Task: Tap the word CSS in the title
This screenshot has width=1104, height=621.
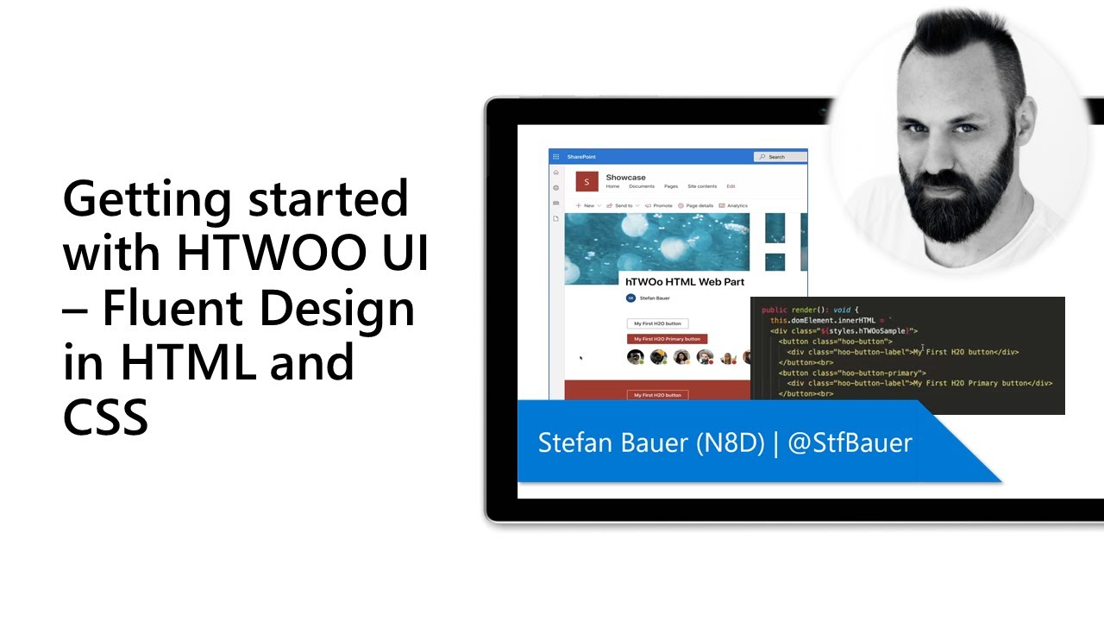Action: pyautogui.click(x=105, y=416)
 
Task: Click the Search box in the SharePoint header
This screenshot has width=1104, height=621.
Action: pyautogui.click(x=780, y=157)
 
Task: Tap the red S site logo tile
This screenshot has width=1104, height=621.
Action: pyautogui.click(x=586, y=181)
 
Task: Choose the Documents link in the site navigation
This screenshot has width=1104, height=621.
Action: pyautogui.click(x=641, y=186)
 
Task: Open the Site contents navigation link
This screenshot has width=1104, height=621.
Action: pyautogui.click(x=701, y=186)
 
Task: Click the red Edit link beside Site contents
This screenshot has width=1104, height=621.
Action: pyautogui.click(x=731, y=186)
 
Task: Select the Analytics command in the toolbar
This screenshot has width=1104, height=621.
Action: pyautogui.click(x=737, y=206)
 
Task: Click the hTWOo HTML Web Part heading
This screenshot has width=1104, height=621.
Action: pyautogui.click(x=684, y=282)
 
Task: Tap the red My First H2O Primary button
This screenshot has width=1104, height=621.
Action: pyautogui.click(x=667, y=339)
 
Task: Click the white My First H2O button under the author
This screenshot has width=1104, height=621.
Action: pyautogui.click(x=657, y=323)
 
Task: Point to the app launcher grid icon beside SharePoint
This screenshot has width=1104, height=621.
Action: pyautogui.click(x=556, y=157)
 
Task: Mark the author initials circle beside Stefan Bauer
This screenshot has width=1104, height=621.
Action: pyautogui.click(x=630, y=298)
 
